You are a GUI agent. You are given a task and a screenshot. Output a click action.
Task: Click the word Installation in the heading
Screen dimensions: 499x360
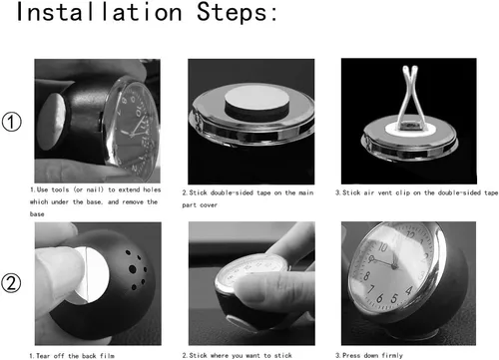coord(99,12)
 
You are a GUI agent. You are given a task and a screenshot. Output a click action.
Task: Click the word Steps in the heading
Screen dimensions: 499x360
coord(233,12)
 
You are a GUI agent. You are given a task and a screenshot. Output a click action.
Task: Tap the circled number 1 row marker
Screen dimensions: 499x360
coord(12,122)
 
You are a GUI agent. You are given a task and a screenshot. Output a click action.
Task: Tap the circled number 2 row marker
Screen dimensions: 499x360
coord(11,283)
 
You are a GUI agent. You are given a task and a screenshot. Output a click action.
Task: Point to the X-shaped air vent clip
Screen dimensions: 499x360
coord(410,97)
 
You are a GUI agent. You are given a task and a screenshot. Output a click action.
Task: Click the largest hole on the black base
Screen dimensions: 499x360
coord(133,269)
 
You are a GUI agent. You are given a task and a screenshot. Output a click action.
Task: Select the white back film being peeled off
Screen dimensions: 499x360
coord(92,274)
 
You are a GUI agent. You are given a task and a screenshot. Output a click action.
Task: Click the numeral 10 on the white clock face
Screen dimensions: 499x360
coord(382,247)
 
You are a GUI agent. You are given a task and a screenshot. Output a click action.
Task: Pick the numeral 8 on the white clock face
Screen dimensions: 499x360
coord(366,275)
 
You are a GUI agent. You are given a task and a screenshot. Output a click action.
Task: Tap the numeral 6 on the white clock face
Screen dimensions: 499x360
coord(379,298)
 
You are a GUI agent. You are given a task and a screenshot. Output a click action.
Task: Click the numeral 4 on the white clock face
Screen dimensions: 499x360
coord(409,291)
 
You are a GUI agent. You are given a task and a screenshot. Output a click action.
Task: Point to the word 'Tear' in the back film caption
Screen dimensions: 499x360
coord(43,356)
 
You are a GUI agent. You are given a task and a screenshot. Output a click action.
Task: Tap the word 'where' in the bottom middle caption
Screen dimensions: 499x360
coord(219,356)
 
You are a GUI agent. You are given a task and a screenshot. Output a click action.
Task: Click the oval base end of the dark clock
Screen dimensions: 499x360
coord(51,121)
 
